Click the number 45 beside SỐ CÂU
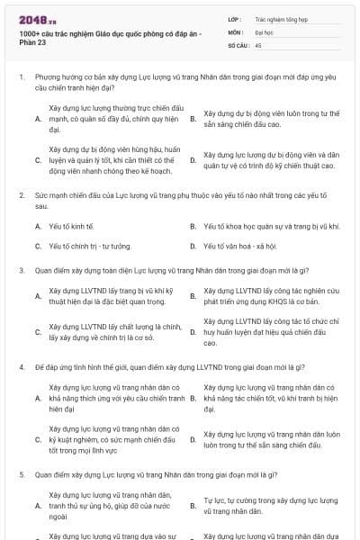coord(258,43)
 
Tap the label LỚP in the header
coord(236,18)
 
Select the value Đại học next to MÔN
coord(264,31)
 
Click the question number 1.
coord(21,78)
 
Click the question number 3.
coord(21,269)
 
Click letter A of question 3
coord(37,296)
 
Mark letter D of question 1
coord(193,160)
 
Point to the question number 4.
coord(21,367)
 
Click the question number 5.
coord(21,473)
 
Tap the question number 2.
coord(21,194)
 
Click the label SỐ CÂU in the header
coord(238,43)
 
